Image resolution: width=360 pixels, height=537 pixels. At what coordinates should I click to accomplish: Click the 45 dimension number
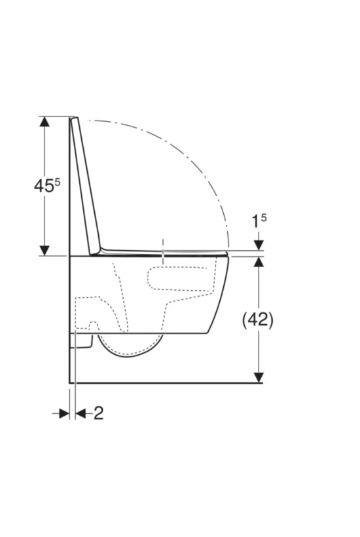point(44,185)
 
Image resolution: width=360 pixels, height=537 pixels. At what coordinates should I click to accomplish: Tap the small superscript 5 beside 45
point(57,181)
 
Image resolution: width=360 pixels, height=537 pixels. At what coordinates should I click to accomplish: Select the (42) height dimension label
point(258,320)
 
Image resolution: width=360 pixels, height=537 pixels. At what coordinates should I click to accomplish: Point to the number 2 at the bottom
point(98,413)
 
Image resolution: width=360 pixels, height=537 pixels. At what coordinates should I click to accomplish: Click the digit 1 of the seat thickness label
point(255,223)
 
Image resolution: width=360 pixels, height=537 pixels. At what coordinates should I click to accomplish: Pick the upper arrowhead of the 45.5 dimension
point(44,122)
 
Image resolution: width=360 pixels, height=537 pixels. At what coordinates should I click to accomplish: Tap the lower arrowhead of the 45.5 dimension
point(44,250)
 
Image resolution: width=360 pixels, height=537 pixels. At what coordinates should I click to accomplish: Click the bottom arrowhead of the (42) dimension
point(259,377)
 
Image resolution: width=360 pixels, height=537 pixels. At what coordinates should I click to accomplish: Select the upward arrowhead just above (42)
point(259,262)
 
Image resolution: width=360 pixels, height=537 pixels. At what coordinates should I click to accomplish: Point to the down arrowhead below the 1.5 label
point(259,245)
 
